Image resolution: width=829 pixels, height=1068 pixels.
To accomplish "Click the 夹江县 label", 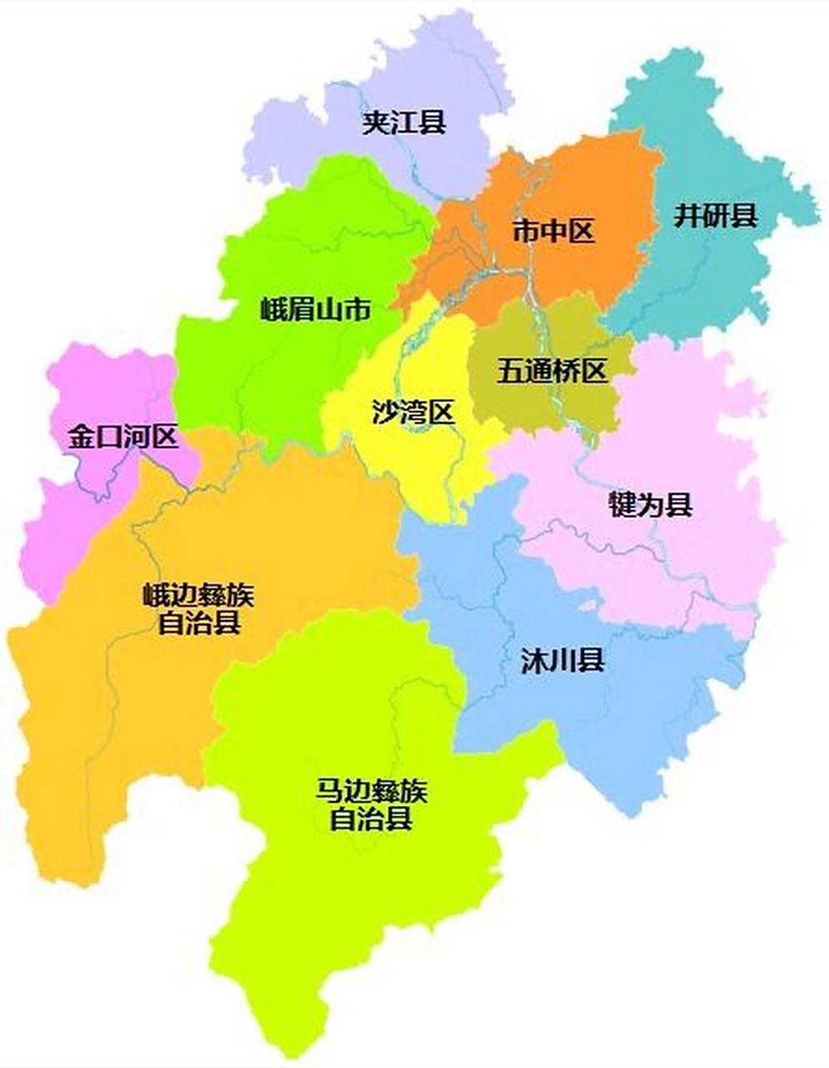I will tap(404, 123).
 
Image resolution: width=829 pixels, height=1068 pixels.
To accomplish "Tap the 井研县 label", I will tap(716, 216).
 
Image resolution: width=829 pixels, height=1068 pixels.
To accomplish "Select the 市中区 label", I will tap(553, 230).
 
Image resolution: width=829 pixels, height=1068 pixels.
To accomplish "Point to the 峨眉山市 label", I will tap(314, 310).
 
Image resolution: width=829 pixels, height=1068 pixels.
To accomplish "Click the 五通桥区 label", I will tap(552, 370).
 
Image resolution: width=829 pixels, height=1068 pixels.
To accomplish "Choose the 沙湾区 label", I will tap(414, 411).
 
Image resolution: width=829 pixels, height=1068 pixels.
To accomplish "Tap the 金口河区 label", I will tap(123, 436).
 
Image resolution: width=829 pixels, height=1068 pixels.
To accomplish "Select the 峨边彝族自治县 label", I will tap(198, 608).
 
